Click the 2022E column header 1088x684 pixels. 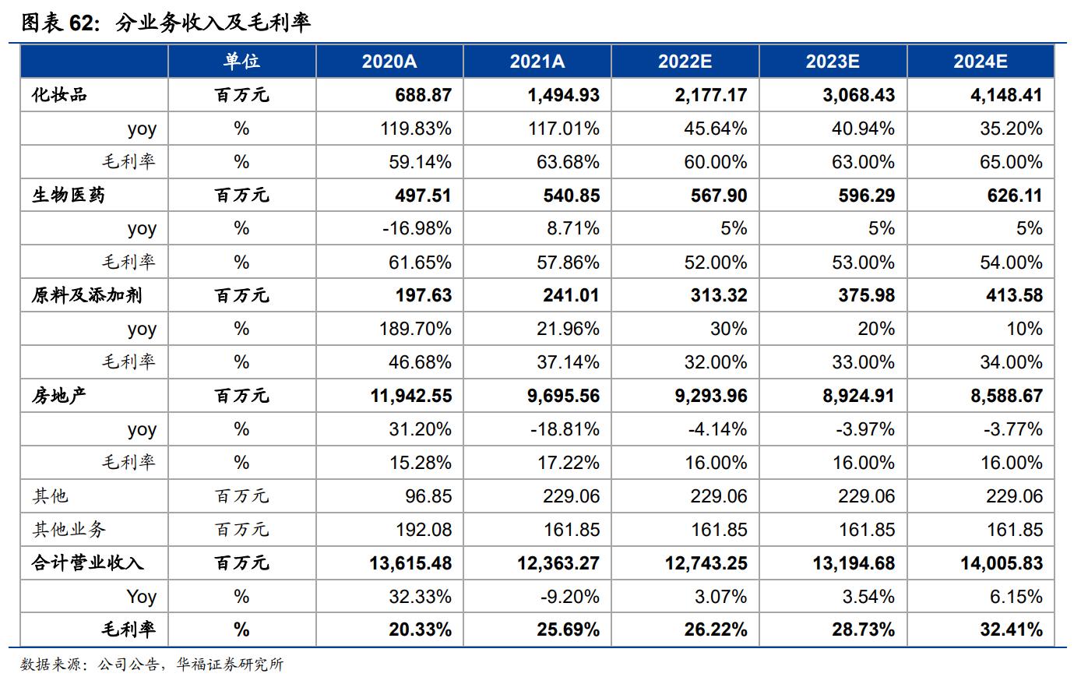685,62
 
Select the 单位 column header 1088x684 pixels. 241,62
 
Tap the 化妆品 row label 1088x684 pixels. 59,95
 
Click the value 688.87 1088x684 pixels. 423,95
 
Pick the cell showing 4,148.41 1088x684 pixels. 1006,95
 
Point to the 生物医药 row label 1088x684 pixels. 68,195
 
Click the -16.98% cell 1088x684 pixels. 417,228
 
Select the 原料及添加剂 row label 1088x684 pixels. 86,295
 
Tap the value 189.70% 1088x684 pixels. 416,329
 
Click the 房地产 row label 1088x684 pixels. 59,395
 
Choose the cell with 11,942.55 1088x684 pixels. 411,395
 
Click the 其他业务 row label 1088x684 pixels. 69,530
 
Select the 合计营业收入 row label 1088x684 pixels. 87,562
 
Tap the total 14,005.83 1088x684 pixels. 1001,562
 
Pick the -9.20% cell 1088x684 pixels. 569,596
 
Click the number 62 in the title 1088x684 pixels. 80,23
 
